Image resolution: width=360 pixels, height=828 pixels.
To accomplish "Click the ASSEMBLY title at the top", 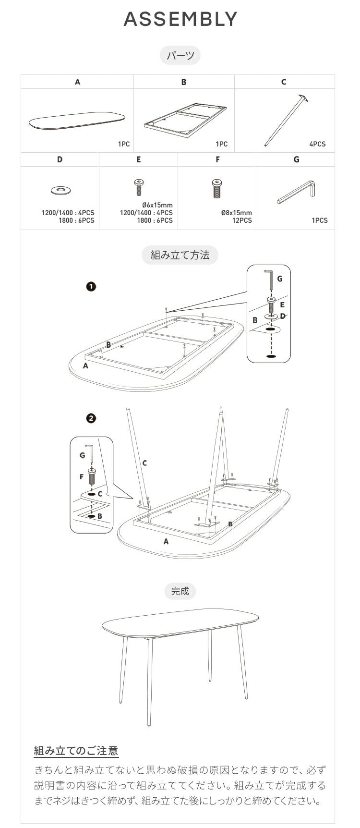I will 180,19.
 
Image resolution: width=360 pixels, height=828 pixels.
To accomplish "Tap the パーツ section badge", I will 180,56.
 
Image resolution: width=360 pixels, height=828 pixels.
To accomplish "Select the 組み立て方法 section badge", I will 180,255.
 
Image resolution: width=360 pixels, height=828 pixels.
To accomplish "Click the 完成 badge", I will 180,591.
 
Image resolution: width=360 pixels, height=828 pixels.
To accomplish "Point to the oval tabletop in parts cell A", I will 77,121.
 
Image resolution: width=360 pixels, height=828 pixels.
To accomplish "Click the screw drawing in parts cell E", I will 139,188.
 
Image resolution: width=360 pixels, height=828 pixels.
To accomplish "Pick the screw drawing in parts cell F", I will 217,188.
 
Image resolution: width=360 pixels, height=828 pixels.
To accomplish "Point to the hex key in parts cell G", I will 296,191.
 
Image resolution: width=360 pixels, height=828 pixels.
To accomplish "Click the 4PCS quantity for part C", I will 317,144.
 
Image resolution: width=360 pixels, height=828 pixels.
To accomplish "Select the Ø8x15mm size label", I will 236,213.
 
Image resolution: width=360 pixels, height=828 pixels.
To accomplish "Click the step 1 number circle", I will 91,287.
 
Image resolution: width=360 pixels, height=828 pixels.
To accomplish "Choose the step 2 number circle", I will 91,418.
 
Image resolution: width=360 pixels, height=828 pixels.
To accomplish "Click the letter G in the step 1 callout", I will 280,279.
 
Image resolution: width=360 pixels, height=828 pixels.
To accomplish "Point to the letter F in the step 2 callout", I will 82,477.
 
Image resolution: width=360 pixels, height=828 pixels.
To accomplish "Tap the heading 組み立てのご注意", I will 76,751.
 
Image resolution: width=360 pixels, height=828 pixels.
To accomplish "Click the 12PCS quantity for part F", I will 242,220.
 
